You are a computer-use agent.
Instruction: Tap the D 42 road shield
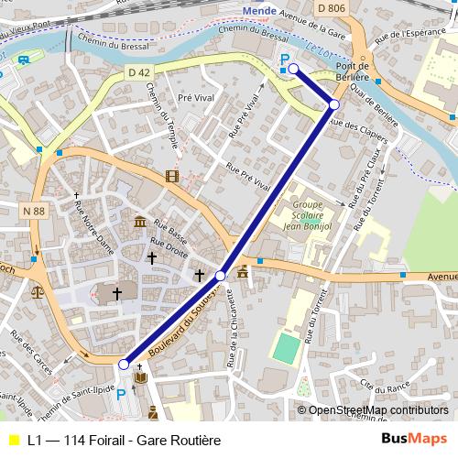click(x=138, y=71)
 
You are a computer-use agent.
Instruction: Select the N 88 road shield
click(x=33, y=212)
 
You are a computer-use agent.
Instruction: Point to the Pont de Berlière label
click(x=352, y=72)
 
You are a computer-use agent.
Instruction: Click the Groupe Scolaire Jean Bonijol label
click(x=306, y=214)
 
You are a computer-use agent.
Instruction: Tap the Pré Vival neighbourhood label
click(x=195, y=96)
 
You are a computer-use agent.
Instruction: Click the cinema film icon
click(x=172, y=176)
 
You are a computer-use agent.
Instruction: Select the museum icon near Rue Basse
click(x=139, y=224)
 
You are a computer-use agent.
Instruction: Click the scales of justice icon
click(x=37, y=293)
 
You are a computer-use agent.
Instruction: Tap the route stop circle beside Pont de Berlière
click(x=334, y=105)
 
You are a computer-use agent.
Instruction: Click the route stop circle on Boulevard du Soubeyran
click(x=221, y=275)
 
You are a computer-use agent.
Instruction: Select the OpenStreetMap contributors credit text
click(x=378, y=410)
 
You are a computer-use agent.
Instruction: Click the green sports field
click(x=285, y=348)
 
